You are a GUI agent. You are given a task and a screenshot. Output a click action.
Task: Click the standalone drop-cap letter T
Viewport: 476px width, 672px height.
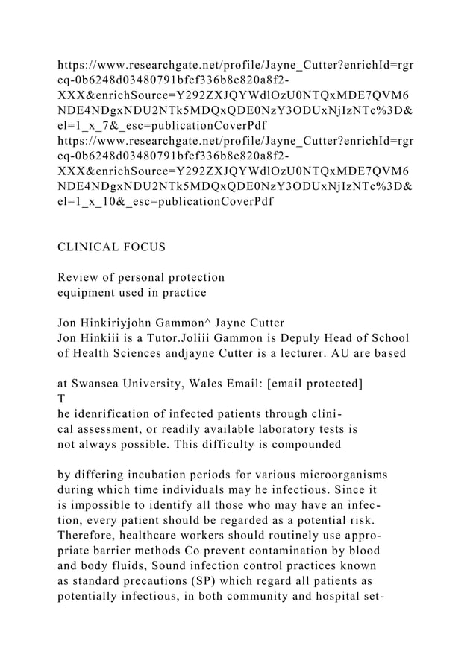62,399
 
